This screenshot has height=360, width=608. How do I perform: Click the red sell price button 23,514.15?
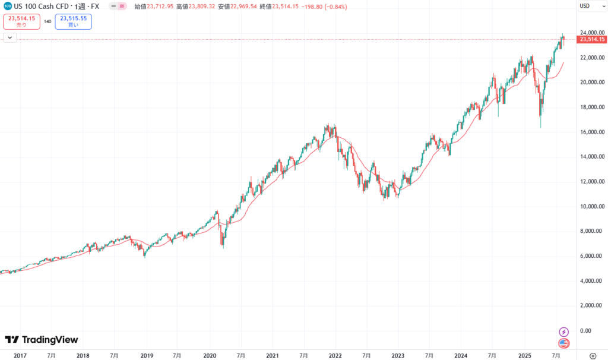(22, 22)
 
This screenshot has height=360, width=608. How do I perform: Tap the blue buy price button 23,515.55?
(73, 22)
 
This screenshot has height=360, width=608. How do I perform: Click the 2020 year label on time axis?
(210, 355)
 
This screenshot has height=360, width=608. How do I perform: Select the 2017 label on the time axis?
(20, 355)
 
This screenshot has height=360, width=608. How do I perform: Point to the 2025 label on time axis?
(524, 355)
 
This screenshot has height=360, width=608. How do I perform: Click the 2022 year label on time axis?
(335, 355)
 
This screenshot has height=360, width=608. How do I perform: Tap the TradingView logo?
(42, 340)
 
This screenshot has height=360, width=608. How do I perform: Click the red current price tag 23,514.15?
(591, 40)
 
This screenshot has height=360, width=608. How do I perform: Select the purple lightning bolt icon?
(564, 331)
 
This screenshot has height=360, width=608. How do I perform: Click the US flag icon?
(564, 343)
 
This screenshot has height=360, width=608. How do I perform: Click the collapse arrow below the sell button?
(10, 37)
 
